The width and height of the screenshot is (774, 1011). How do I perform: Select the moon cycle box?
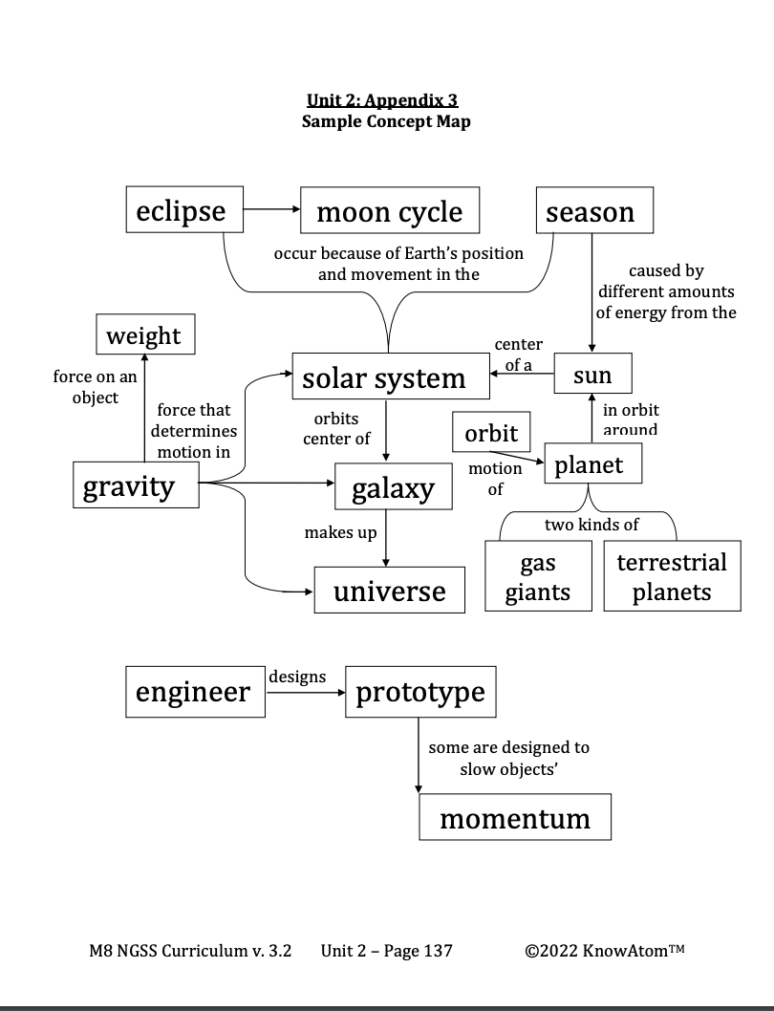(389, 210)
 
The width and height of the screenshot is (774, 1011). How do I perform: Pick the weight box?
(145, 335)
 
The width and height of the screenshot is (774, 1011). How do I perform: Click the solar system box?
(384, 377)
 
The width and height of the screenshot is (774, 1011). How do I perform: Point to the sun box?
(592, 374)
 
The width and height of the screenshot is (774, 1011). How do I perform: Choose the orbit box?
(491, 433)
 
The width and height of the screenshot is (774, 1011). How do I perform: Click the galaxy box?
(393, 487)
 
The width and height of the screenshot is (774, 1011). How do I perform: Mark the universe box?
(389, 590)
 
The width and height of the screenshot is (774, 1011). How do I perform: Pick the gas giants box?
(537, 575)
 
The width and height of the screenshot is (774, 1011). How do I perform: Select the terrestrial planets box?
(672, 575)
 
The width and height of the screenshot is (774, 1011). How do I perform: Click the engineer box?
(195, 692)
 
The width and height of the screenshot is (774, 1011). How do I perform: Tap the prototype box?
(420, 692)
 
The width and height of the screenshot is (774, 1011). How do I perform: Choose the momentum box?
(515, 817)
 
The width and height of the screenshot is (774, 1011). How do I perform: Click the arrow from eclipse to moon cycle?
(271, 210)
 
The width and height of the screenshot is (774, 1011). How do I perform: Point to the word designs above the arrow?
(297, 677)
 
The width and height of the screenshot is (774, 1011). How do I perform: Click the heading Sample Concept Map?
(386, 121)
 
